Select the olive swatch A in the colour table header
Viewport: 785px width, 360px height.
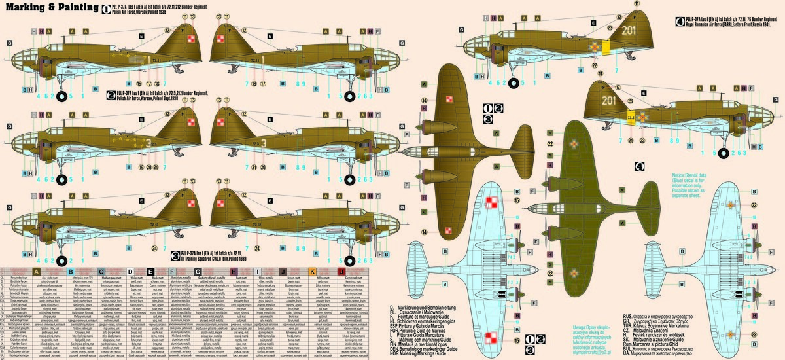click(x=37, y=272)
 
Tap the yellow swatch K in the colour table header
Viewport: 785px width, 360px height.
click(x=312, y=272)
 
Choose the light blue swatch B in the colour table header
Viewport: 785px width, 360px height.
click(x=71, y=272)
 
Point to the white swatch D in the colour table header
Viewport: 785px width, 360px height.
click(x=130, y=272)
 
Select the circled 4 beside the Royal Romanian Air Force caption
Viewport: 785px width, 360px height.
click(x=680, y=20)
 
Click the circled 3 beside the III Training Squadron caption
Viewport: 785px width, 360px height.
click(x=175, y=253)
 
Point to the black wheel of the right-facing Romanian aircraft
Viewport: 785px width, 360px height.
click(x=724, y=153)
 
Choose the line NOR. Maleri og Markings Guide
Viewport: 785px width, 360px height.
click(x=429, y=354)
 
